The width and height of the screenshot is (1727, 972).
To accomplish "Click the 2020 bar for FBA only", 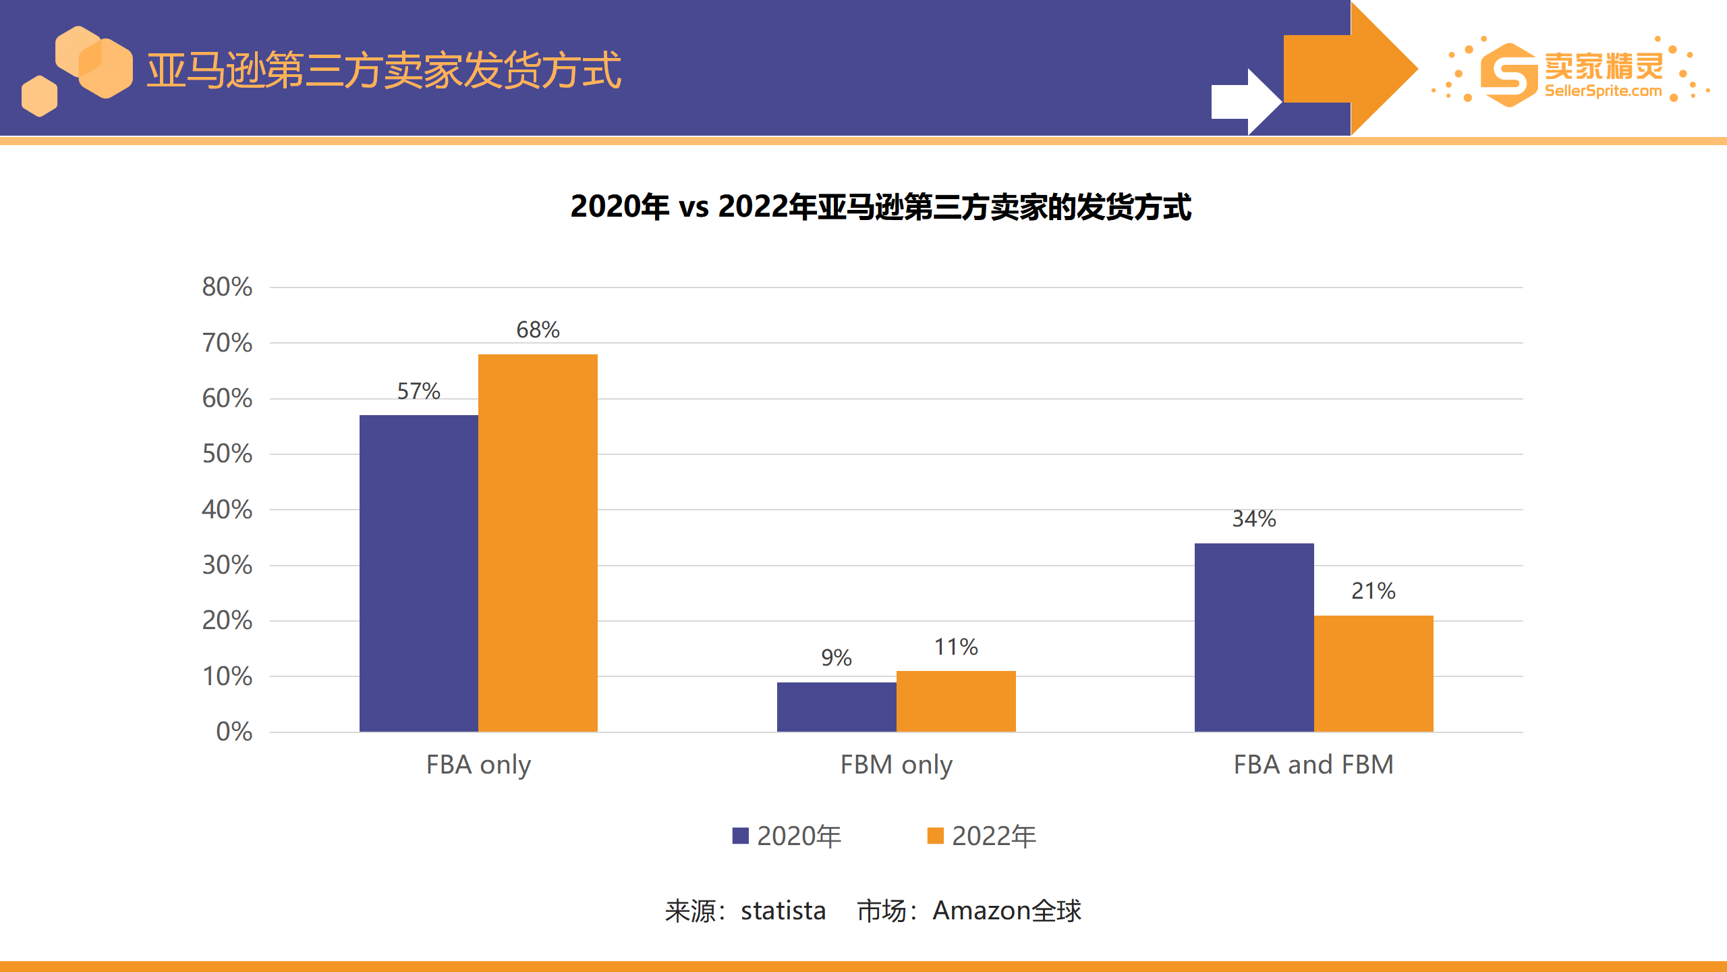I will click(x=418, y=574).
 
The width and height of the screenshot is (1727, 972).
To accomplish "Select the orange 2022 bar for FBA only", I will click(x=538, y=543).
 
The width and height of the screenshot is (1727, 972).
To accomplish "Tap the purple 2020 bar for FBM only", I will click(x=837, y=707).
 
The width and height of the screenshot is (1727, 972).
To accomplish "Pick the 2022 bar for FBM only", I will click(x=956, y=701).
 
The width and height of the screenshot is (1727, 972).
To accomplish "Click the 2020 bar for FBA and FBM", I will click(x=1254, y=637).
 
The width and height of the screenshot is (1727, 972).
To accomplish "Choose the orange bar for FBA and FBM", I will click(x=1374, y=674).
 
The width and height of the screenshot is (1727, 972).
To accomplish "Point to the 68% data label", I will click(x=538, y=330).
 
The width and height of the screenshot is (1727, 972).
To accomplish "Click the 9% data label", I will click(x=837, y=657).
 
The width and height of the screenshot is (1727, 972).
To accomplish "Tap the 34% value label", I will click(x=1254, y=519).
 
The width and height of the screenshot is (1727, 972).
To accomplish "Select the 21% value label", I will click(x=1374, y=591).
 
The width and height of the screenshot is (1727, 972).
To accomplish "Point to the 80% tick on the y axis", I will click(x=227, y=287).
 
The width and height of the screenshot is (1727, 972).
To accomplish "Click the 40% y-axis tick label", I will click(x=227, y=510).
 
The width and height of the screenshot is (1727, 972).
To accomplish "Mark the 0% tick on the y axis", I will click(x=234, y=732).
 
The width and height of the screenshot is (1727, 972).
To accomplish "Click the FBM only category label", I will click(x=896, y=765).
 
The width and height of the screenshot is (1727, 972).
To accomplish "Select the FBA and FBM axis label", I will click(x=1313, y=765).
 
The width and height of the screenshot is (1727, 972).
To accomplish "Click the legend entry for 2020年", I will click(x=787, y=836).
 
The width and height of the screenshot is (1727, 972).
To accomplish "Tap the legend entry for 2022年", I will click(x=982, y=836).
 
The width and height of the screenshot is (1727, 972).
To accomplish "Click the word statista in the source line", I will click(x=783, y=911).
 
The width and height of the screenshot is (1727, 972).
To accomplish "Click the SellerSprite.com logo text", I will click(x=1603, y=91).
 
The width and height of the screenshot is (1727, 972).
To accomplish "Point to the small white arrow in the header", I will click(x=1245, y=102).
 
